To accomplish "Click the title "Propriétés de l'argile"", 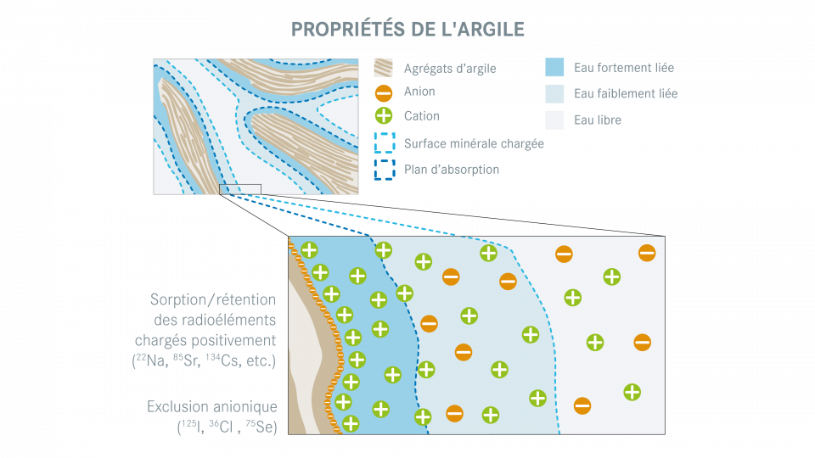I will [x=407, y=29].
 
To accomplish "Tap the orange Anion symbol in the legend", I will [x=384, y=92].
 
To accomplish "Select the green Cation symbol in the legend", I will [x=384, y=116].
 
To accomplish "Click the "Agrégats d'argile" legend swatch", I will [x=384, y=68].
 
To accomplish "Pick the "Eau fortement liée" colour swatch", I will [x=554, y=68].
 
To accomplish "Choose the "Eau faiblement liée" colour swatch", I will [x=554, y=93].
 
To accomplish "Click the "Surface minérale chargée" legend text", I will [x=474, y=144].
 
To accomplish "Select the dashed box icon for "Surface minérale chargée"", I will [x=384, y=142].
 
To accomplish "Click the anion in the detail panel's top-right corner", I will [x=647, y=253].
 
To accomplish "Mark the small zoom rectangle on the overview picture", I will [x=240, y=189].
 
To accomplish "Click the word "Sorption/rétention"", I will [x=213, y=299].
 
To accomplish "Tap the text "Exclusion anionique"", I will [x=212, y=407].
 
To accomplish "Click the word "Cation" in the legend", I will [x=422, y=116].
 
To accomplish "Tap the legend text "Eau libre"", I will [x=598, y=120].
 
